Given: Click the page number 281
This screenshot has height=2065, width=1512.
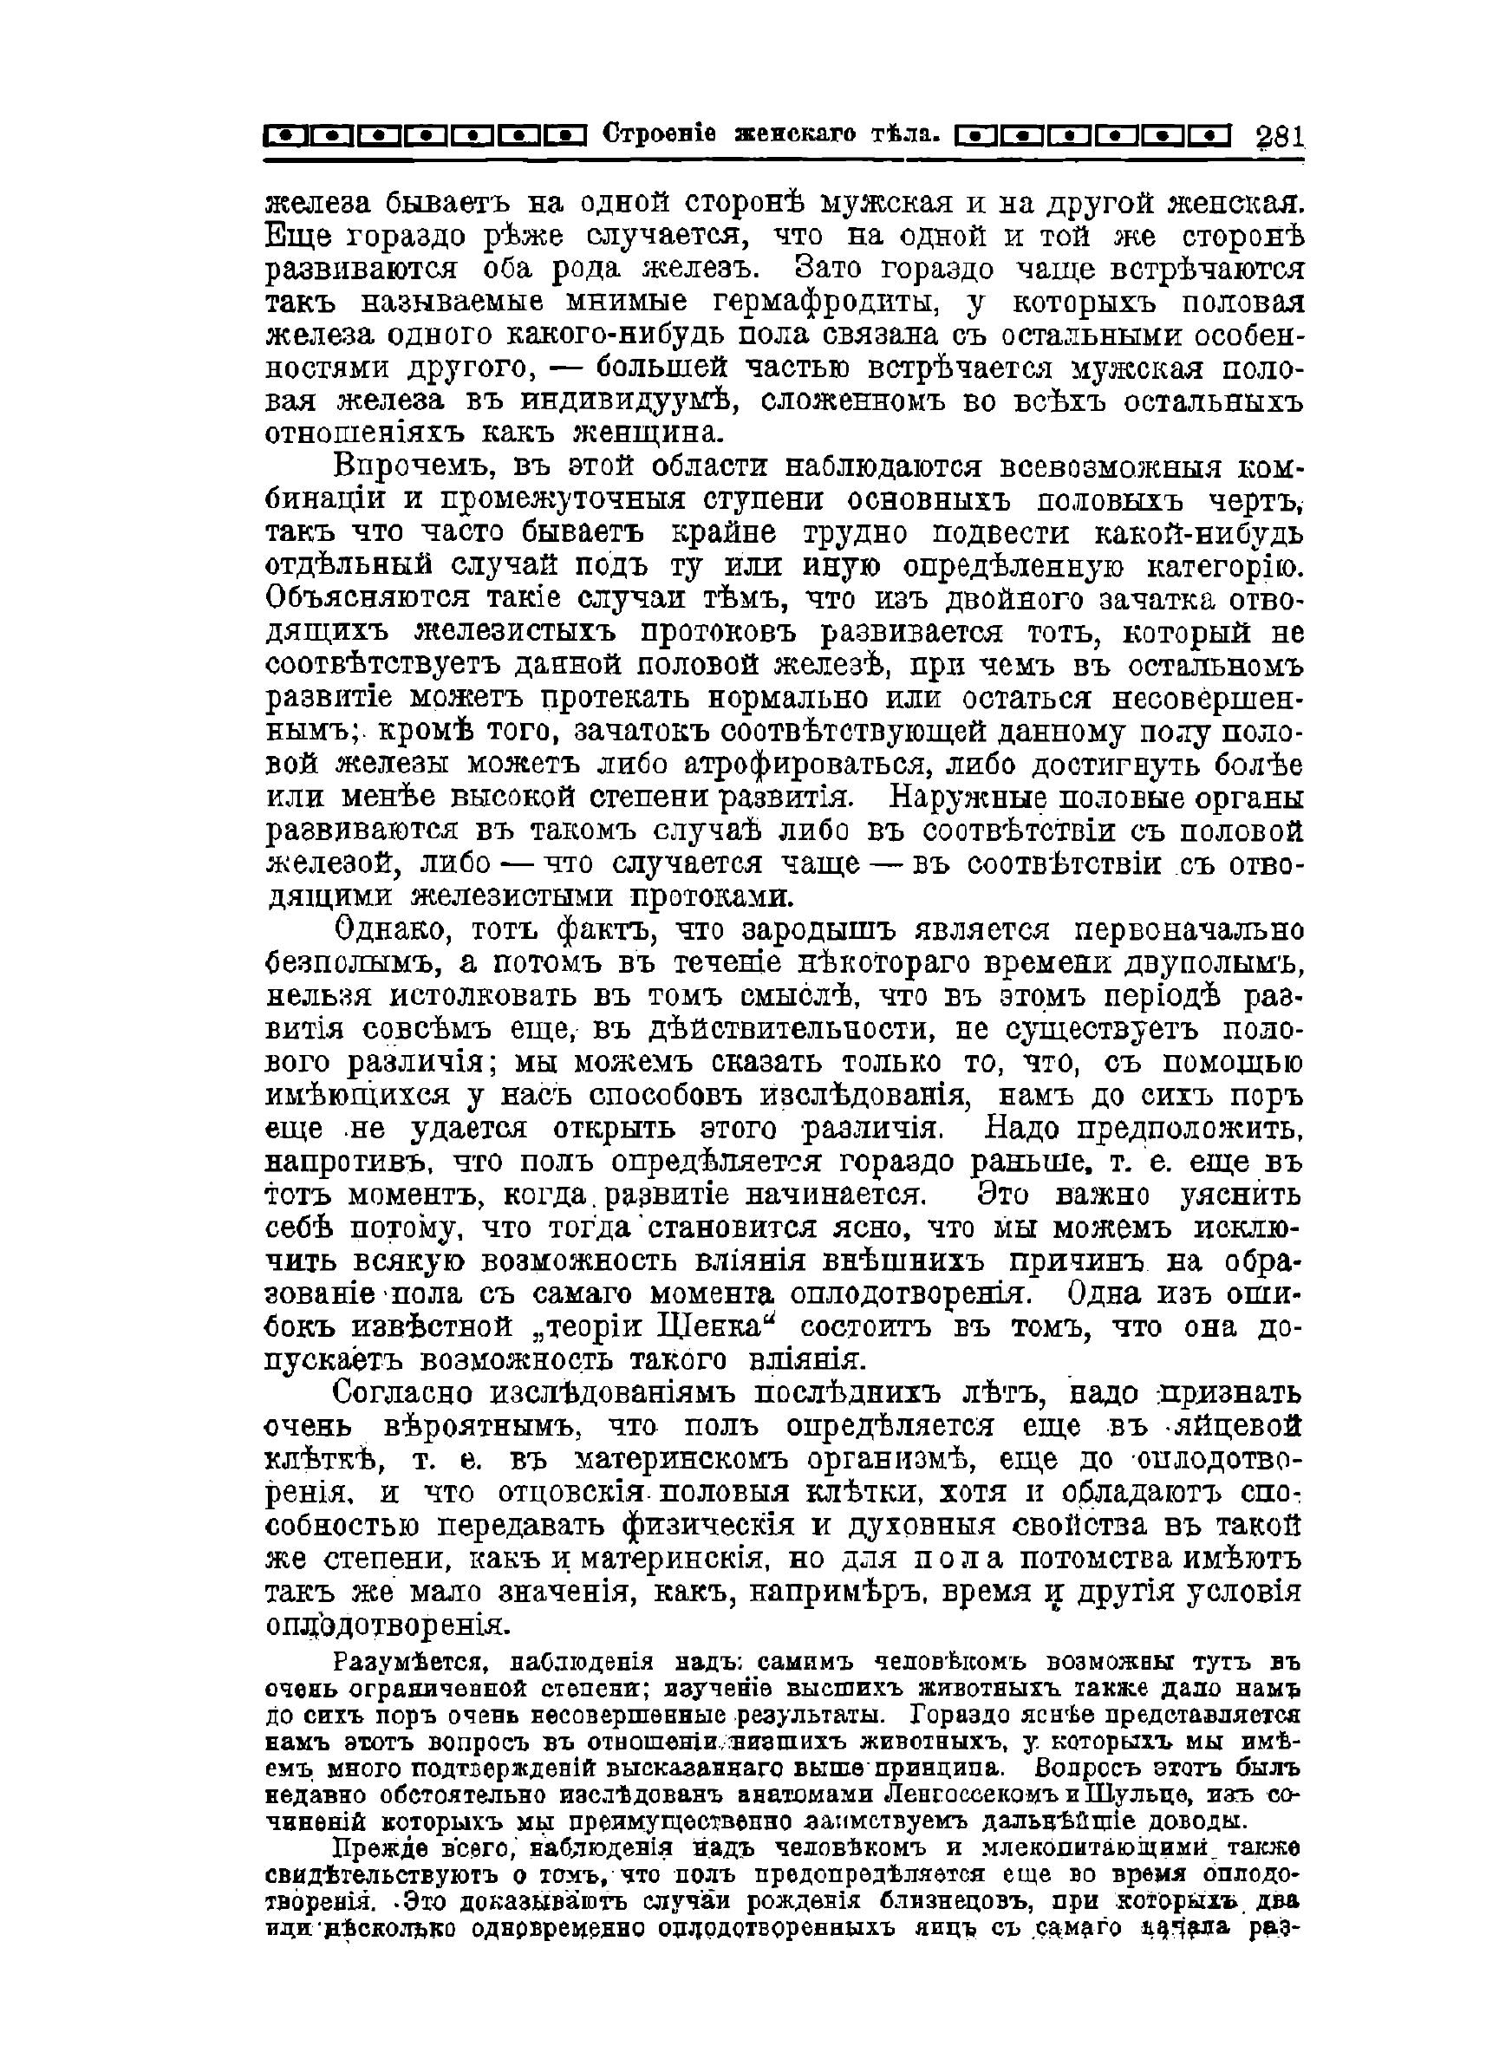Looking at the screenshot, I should click(x=1280, y=136).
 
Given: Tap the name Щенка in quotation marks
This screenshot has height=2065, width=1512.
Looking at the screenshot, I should click(x=727, y=1327).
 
